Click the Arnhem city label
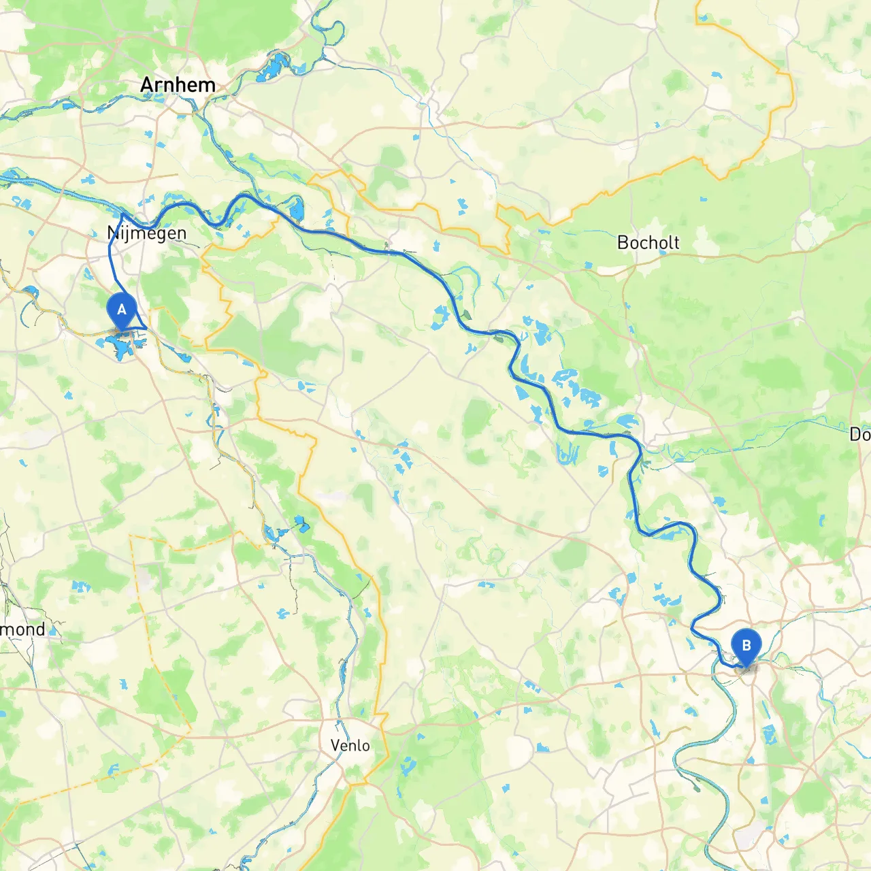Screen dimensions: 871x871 click(178, 85)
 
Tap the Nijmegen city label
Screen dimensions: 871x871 click(147, 233)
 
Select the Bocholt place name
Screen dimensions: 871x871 click(648, 242)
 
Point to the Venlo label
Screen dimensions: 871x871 click(350, 745)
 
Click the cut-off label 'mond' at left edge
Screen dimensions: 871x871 click(22, 629)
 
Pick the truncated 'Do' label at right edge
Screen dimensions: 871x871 click(860, 434)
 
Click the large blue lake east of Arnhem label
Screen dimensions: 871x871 click(272, 68)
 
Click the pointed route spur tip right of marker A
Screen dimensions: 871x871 click(146, 329)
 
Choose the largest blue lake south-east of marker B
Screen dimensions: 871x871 click(770, 735)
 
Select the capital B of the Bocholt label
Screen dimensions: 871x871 click(623, 242)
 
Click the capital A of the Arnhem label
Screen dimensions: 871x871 click(146, 85)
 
